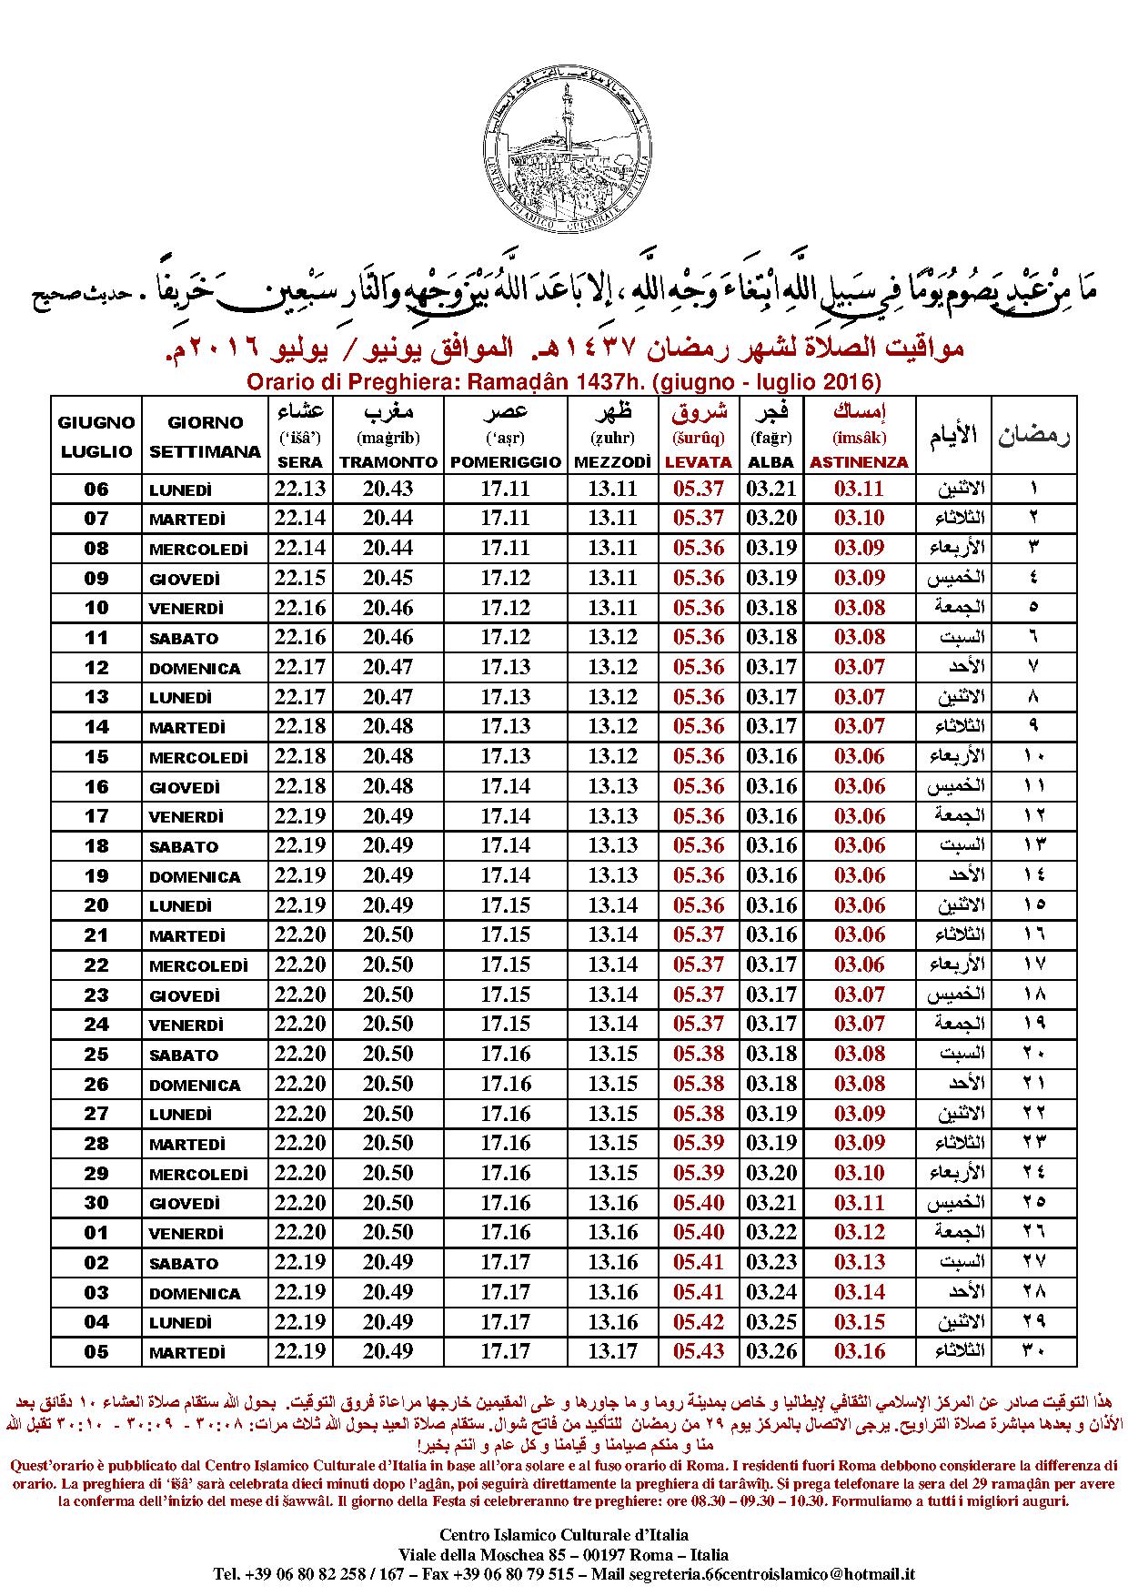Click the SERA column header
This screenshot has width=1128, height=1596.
(299, 462)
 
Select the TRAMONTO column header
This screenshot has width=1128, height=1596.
(388, 462)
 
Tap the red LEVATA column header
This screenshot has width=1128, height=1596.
(699, 462)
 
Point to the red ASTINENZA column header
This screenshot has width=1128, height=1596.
(859, 462)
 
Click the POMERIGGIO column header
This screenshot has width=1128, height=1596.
(506, 462)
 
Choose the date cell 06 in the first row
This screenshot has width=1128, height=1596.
(96, 490)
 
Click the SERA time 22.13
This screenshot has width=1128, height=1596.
(300, 489)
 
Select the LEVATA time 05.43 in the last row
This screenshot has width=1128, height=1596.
(699, 1351)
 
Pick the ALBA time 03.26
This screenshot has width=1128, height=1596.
(771, 1351)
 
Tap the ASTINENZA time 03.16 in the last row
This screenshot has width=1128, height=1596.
(860, 1351)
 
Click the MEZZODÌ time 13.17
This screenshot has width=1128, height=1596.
(613, 1351)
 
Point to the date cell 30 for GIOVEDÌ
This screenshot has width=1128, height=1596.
(96, 1203)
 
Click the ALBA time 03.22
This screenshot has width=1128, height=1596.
(771, 1232)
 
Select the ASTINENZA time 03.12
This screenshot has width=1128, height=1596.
(860, 1232)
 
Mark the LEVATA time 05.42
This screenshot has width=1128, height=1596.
(699, 1321)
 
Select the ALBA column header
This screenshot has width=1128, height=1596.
(771, 462)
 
